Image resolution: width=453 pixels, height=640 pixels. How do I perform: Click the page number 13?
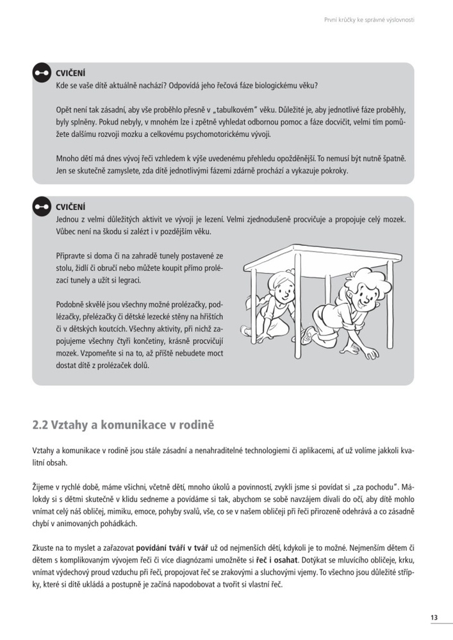tap(434, 617)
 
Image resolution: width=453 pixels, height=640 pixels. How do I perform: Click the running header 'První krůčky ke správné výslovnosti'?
tap(369, 20)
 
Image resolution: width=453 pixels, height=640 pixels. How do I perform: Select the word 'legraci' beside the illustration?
tap(125, 281)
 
